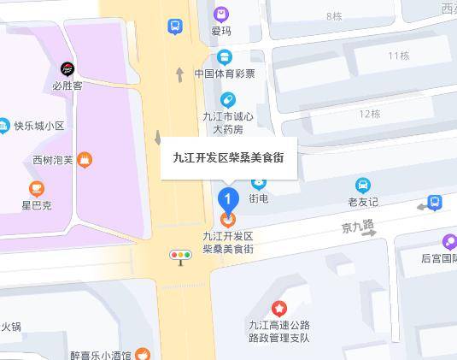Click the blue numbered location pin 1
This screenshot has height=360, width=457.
(227, 199)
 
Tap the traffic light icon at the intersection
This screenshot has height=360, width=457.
(180, 255)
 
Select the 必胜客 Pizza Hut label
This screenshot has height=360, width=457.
(67, 86)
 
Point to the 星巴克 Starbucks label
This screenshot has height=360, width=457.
(37, 205)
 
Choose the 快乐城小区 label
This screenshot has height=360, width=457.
(38, 126)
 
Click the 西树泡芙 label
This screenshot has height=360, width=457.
(53, 159)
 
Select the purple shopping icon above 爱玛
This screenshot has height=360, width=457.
(221, 14)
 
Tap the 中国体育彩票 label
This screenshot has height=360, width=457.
(224, 74)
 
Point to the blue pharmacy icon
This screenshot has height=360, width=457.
(227, 100)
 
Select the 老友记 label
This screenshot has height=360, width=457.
(363, 202)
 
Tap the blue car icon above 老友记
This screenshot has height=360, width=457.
(363, 185)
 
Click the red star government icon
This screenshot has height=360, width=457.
(278, 308)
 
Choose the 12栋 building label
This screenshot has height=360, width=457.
(370, 114)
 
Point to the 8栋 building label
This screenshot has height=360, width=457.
(334, 16)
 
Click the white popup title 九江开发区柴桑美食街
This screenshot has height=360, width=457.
(229, 157)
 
